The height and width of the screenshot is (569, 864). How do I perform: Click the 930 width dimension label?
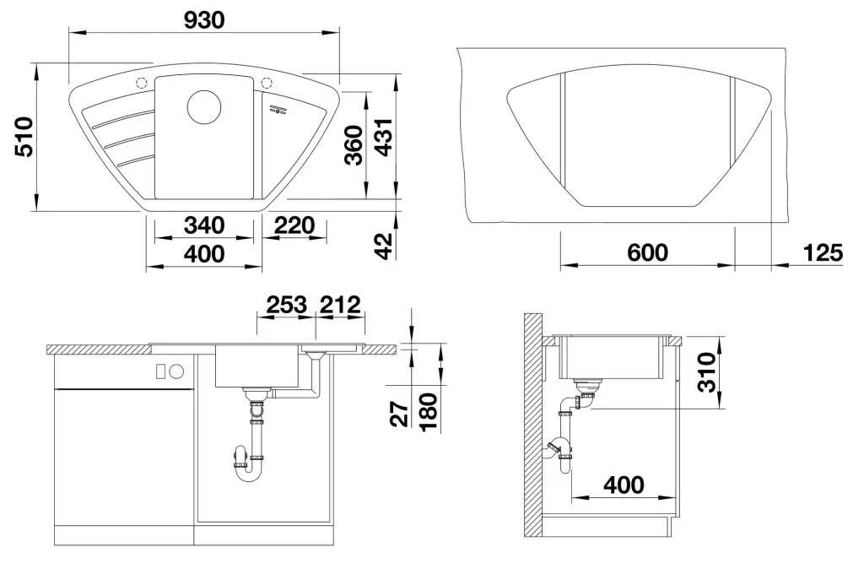(204, 20)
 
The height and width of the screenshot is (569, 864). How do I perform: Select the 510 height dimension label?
(24, 136)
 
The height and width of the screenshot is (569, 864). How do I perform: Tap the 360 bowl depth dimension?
(354, 145)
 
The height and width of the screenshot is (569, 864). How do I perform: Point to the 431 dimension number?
(383, 136)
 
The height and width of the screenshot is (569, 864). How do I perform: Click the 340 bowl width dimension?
(204, 225)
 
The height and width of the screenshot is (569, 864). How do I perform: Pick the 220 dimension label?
(294, 225)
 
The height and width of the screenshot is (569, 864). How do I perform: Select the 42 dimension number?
(383, 246)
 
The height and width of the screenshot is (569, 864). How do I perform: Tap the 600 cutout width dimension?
(647, 252)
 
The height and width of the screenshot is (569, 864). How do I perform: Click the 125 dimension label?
(823, 252)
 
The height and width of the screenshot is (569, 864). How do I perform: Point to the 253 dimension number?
(287, 305)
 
